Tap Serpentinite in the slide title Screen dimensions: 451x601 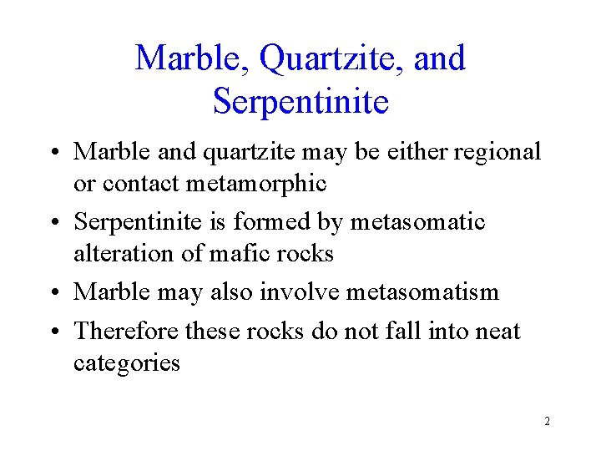pyautogui.click(x=300, y=102)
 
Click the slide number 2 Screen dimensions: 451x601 pyautogui.click(x=547, y=421)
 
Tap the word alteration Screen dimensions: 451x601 pyautogui.click(x=124, y=252)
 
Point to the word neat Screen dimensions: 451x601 pyautogui.click(x=497, y=332)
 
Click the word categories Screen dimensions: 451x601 pyautogui.click(x=126, y=363)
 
